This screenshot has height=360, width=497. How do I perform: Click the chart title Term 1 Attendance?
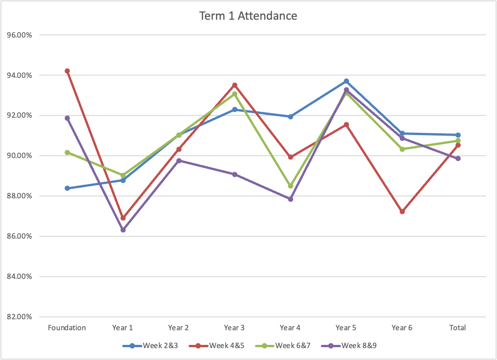point(248,16)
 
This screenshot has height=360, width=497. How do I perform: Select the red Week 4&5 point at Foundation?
point(67,71)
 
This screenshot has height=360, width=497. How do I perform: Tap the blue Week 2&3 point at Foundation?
point(67,188)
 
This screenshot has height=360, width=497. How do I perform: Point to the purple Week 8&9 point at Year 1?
point(123,230)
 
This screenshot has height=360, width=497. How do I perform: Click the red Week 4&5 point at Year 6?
point(402,212)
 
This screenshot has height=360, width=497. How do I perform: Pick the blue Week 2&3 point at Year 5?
point(346,81)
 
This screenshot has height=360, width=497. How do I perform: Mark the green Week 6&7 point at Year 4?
point(291,186)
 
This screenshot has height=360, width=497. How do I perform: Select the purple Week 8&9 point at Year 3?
point(235,175)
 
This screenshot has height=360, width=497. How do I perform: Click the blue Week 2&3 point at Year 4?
point(291,117)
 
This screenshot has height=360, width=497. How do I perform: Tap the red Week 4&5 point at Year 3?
point(235,85)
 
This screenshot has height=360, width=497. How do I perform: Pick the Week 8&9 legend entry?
point(348,345)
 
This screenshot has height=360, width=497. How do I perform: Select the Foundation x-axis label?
point(67,327)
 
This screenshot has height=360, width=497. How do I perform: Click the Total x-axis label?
point(458,327)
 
